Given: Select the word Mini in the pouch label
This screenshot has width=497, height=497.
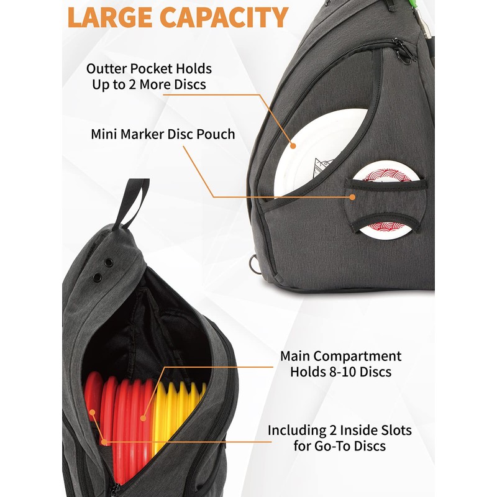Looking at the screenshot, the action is pos(105,134).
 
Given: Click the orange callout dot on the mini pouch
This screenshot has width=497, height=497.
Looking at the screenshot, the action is pos(353,197).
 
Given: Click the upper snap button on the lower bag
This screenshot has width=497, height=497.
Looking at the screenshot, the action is pos(109,263).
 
